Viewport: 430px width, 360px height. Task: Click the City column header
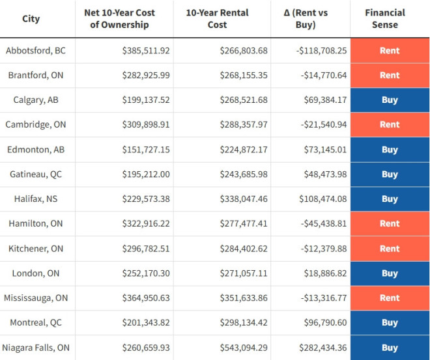pos(31,19)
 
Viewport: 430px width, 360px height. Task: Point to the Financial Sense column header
pos(390,19)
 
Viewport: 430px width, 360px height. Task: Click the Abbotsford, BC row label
pos(36,50)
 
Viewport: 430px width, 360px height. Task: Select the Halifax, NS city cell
pos(36,199)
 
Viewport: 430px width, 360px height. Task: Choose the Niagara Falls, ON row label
pos(36,348)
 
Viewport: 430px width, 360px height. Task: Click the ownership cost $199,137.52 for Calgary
pos(146,100)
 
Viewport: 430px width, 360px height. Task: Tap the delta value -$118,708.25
pos(324,50)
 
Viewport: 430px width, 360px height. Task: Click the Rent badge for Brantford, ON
pos(390,75)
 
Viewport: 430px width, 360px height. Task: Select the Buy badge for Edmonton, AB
pos(390,150)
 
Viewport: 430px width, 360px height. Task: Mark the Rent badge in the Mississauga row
pos(390,298)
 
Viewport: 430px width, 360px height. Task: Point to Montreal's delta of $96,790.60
pos(325,322)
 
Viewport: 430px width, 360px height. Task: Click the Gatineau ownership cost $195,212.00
pos(146,174)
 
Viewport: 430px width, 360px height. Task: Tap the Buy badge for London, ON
pos(390,273)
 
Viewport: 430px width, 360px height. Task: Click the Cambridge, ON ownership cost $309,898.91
pos(146,124)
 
